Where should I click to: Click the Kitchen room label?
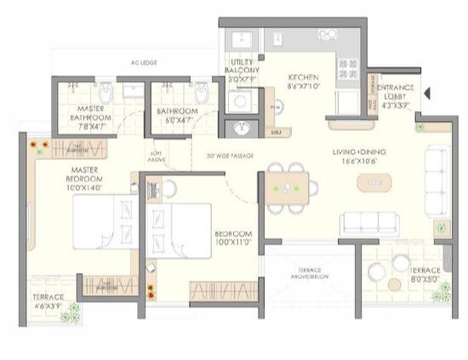[x=303, y=80]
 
